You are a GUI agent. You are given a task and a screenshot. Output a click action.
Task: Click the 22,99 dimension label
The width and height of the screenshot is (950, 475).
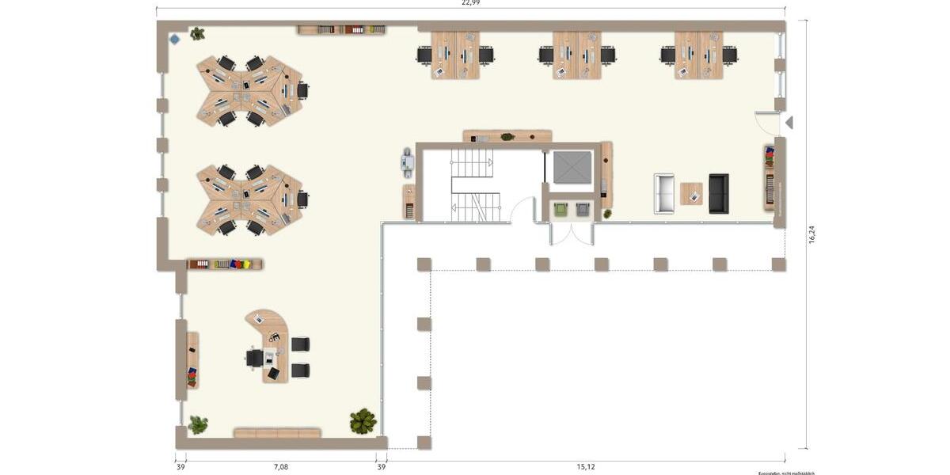pyautogui.click(x=470, y=3)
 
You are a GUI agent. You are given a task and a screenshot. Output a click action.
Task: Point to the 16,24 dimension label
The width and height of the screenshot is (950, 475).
pyautogui.click(x=811, y=235)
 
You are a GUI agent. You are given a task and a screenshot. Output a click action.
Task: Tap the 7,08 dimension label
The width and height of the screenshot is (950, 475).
pyautogui.click(x=281, y=467)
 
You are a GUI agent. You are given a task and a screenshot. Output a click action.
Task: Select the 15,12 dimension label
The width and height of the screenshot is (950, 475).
pyautogui.click(x=586, y=467)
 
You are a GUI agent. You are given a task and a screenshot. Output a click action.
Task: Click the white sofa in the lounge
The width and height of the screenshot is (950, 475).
pyautogui.click(x=664, y=194)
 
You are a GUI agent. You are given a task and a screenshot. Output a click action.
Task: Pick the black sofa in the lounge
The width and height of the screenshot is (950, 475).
pyautogui.click(x=719, y=194)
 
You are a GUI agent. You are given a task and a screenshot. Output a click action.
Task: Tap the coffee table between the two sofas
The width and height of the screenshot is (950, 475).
pyautogui.click(x=691, y=194)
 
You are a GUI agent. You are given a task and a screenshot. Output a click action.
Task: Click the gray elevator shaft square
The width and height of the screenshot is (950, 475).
pyautogui.click(x=572, y=167)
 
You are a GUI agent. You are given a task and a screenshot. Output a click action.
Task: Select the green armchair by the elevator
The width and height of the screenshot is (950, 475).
pyautogui.click(x=561, y=209)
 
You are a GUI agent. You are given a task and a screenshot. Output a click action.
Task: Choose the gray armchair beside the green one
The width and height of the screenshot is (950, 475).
pyautogui.click(x=583, y=209)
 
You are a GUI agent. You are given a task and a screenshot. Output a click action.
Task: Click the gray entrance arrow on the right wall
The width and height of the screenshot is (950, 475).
pyautogui.click(x=788, y=123)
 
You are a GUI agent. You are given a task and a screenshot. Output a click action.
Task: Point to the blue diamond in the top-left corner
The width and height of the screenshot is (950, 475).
pyautogui.click(x=174, y=38)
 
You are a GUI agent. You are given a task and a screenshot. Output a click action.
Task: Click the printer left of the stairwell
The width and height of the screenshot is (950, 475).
pyautogui.click(x=408, y=161)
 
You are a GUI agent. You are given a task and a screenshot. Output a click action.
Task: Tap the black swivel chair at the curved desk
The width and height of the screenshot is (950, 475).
pyautogui.click(x=254, y=358)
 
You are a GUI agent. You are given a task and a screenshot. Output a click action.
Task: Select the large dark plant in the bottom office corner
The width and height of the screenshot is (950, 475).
pyautogui.click(x=363, y=420)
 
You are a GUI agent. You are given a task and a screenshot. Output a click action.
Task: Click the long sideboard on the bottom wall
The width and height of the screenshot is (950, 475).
pyautogui.click(x=277, y=433)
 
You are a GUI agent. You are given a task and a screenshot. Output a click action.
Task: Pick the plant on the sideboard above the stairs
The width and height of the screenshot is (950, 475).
pyautogui.click(x=507, y=137)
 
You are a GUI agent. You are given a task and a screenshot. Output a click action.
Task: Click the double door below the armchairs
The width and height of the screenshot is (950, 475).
pyautogui.click(x=572, y=234)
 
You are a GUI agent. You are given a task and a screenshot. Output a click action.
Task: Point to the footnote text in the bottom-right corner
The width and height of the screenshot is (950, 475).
pyautogui.click(x=785, y=473)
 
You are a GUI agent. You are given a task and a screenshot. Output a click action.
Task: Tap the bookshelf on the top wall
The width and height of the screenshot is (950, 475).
pyautogui.click(x=342, y=30)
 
